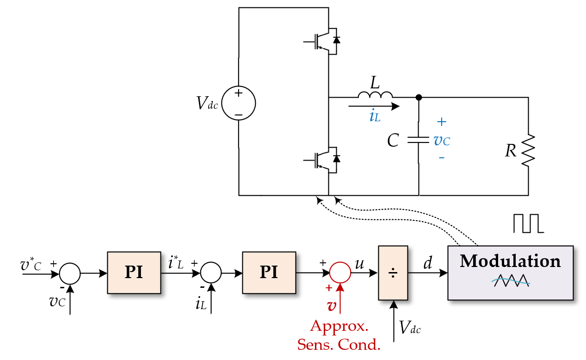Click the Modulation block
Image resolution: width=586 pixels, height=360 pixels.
click(x=510, y=273)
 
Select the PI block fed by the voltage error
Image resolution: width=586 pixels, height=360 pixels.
click(x=134, y=273)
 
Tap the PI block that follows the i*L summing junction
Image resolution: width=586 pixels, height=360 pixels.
click(x=269, y=273)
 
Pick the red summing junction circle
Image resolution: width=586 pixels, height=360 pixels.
click(x=340, y=273)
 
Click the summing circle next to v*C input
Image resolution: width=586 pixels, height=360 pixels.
click(x=70, y=273)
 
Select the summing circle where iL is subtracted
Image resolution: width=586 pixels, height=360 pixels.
click(x=211, y=273)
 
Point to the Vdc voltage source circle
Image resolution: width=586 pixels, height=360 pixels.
click(x=239, y=104)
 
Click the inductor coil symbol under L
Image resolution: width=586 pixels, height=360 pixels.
click(x=375, y=95)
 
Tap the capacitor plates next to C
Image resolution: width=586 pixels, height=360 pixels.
click(x=419, y=139)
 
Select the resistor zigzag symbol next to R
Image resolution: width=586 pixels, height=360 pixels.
click(x=528, y=150)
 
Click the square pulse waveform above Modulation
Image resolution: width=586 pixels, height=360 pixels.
click(x=528, y=223)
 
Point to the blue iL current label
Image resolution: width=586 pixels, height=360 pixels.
click(x=375, y=116)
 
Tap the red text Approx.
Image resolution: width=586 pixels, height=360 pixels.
click(x=339, y=326)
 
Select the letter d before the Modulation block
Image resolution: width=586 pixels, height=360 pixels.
click(x=428, y=263)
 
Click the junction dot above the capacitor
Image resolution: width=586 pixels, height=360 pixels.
click(x=419, y=97)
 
